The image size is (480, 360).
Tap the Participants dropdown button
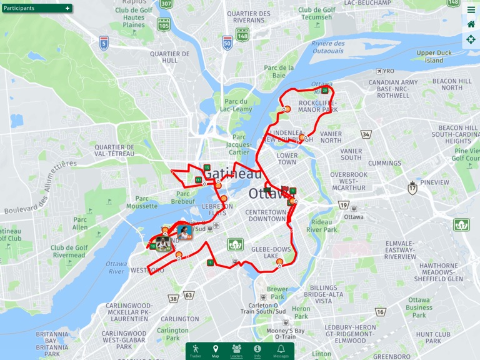point(36,8)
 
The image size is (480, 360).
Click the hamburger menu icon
point(471,9)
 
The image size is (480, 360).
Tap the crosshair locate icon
point(471,39)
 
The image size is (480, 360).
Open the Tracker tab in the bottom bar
point(196,351)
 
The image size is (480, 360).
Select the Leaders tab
point(236,351)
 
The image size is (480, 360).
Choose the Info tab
point(257,351)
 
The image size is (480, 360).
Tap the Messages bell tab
point(281,351)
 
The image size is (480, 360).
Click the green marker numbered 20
point(325,91)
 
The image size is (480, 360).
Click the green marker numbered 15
point(206,167)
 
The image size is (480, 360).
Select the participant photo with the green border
point(163,244)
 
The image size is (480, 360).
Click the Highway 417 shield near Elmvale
point(461,225)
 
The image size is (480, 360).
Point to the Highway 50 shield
point(227,42)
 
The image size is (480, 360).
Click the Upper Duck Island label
point(434,57)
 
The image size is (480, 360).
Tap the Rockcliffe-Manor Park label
point(317,106)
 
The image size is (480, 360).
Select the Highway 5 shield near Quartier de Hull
point(104,42)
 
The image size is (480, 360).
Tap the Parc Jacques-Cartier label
point(239,144)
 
